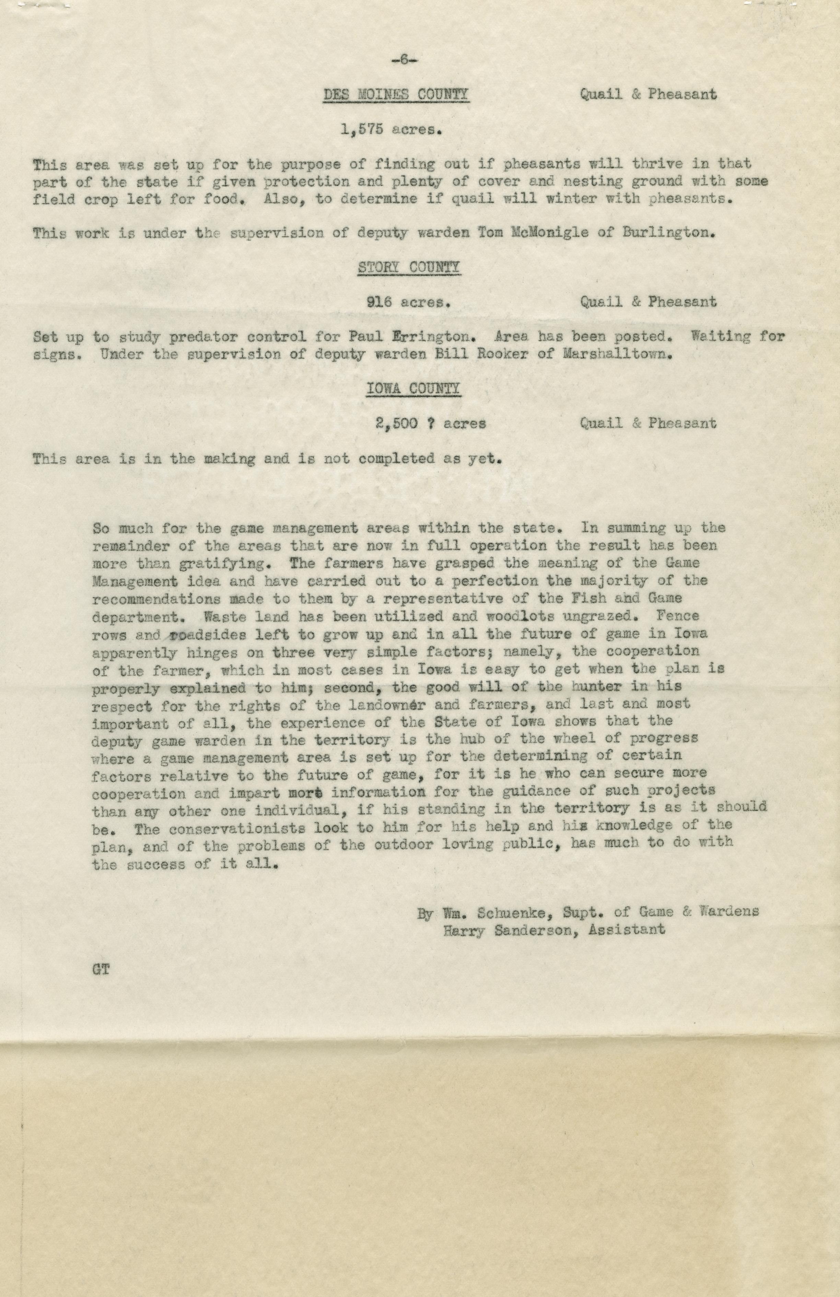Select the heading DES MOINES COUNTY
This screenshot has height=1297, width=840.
(x=396, y=94)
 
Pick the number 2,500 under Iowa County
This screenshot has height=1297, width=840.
(x=396, y=423)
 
